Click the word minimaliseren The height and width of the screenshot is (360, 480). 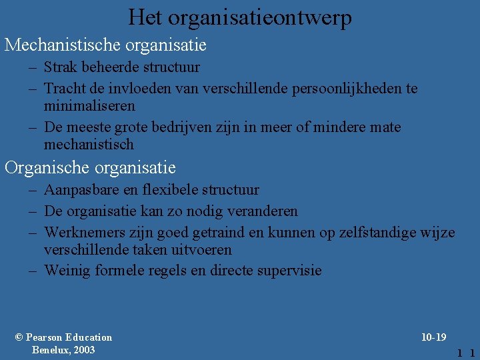click(89, 105)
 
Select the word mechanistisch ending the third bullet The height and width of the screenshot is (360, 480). click(89, 144)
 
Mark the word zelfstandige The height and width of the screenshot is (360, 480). click(374, 233)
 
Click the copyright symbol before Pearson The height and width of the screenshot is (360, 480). click(19, 337)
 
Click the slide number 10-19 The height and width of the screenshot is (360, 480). click(433, 337)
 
